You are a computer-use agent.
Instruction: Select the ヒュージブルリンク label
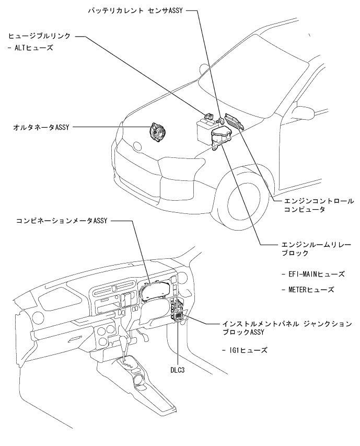39,37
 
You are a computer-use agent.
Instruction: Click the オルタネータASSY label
42,127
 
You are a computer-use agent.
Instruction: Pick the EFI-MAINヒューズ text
312,273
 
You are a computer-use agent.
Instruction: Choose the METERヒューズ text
307,289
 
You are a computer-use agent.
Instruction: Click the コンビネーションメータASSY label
62,221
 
